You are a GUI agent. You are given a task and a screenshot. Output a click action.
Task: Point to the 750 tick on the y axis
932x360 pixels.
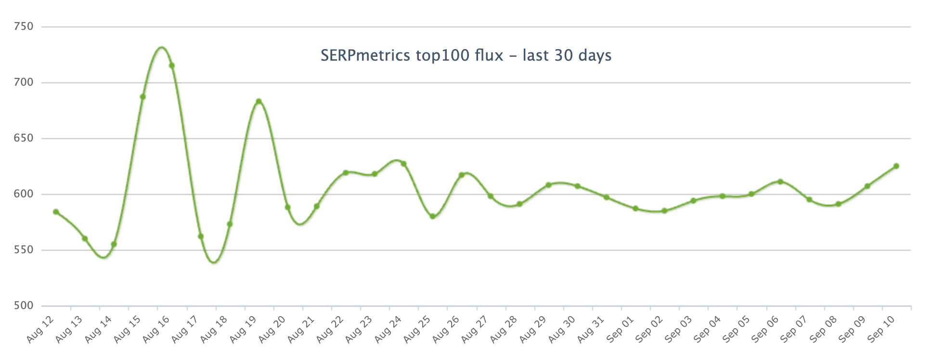[24, 26]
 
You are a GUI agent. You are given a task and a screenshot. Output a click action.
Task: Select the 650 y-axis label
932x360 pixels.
[24, 138]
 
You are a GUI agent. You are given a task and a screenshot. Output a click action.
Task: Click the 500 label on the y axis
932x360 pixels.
[24, 306]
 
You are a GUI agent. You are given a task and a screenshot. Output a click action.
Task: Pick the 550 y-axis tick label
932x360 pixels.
[24, 250]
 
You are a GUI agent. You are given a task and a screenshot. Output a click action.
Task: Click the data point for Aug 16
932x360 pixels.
[171, 65]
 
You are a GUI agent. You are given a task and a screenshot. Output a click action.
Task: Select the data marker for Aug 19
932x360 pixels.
[259, 101]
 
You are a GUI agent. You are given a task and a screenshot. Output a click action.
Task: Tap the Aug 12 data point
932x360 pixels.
[56, 212]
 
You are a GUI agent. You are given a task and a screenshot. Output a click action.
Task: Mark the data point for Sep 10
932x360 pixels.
[896, 166]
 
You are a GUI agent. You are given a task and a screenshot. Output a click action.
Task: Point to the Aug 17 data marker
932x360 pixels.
[201, 236]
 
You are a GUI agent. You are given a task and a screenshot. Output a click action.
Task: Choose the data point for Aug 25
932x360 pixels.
[432, 217]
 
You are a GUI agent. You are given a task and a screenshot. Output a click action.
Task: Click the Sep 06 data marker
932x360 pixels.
[780, 181]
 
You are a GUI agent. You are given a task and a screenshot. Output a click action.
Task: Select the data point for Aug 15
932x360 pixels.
[142, 97]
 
